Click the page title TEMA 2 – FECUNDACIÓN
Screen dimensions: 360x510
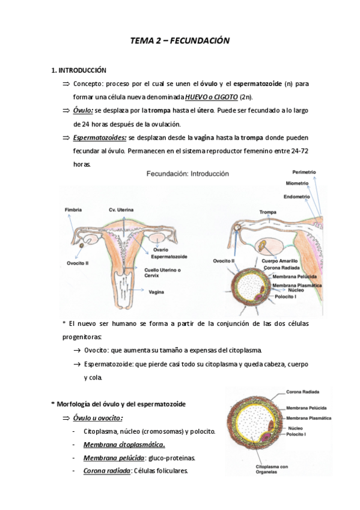180,41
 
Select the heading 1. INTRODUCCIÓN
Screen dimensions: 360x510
79,70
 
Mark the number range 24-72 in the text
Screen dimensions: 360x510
299,150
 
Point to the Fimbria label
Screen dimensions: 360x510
74,209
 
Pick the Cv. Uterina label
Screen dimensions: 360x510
121,209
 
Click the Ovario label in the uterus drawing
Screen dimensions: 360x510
160,250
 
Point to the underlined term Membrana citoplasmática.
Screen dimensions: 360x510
124,444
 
